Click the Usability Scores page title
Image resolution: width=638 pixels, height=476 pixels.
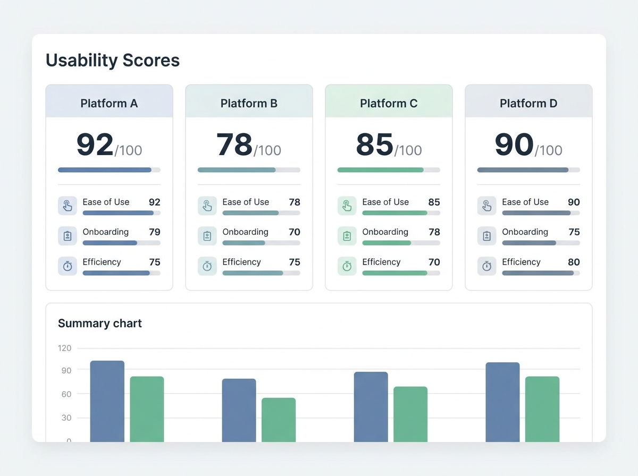coord(113,61)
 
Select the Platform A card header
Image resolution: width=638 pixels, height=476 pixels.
coord(109,103)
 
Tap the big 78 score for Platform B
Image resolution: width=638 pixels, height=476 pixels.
coord(234,145)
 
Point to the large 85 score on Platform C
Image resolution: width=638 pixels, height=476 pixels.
coord(374,145)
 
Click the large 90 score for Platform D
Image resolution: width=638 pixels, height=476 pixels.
coord(514,145)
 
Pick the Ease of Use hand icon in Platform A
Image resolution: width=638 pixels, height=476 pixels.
coord(68,206)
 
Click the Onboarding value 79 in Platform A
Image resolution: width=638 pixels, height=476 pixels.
coord(154,232)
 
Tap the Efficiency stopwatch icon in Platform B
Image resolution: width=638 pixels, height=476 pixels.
coord(207,266)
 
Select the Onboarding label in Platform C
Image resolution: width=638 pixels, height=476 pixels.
coord(385,232)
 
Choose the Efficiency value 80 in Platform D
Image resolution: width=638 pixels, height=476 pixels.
coord(574,262)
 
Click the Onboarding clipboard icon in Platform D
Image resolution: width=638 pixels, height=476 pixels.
coord(486,236)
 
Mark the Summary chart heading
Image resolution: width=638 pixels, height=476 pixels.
coord(100,323)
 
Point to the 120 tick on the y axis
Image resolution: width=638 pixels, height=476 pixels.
coord(64,348)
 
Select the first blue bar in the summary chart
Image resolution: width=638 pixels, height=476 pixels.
coord(107,401)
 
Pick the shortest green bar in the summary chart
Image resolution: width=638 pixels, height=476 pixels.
coord(279,420)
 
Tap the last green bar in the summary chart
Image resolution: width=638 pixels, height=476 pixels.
coord(542,409)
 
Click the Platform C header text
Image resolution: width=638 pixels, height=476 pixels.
coord(389,103)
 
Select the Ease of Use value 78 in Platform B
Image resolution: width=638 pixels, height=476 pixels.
coord(294,202)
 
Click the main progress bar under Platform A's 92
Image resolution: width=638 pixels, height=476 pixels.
coord(109,170)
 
